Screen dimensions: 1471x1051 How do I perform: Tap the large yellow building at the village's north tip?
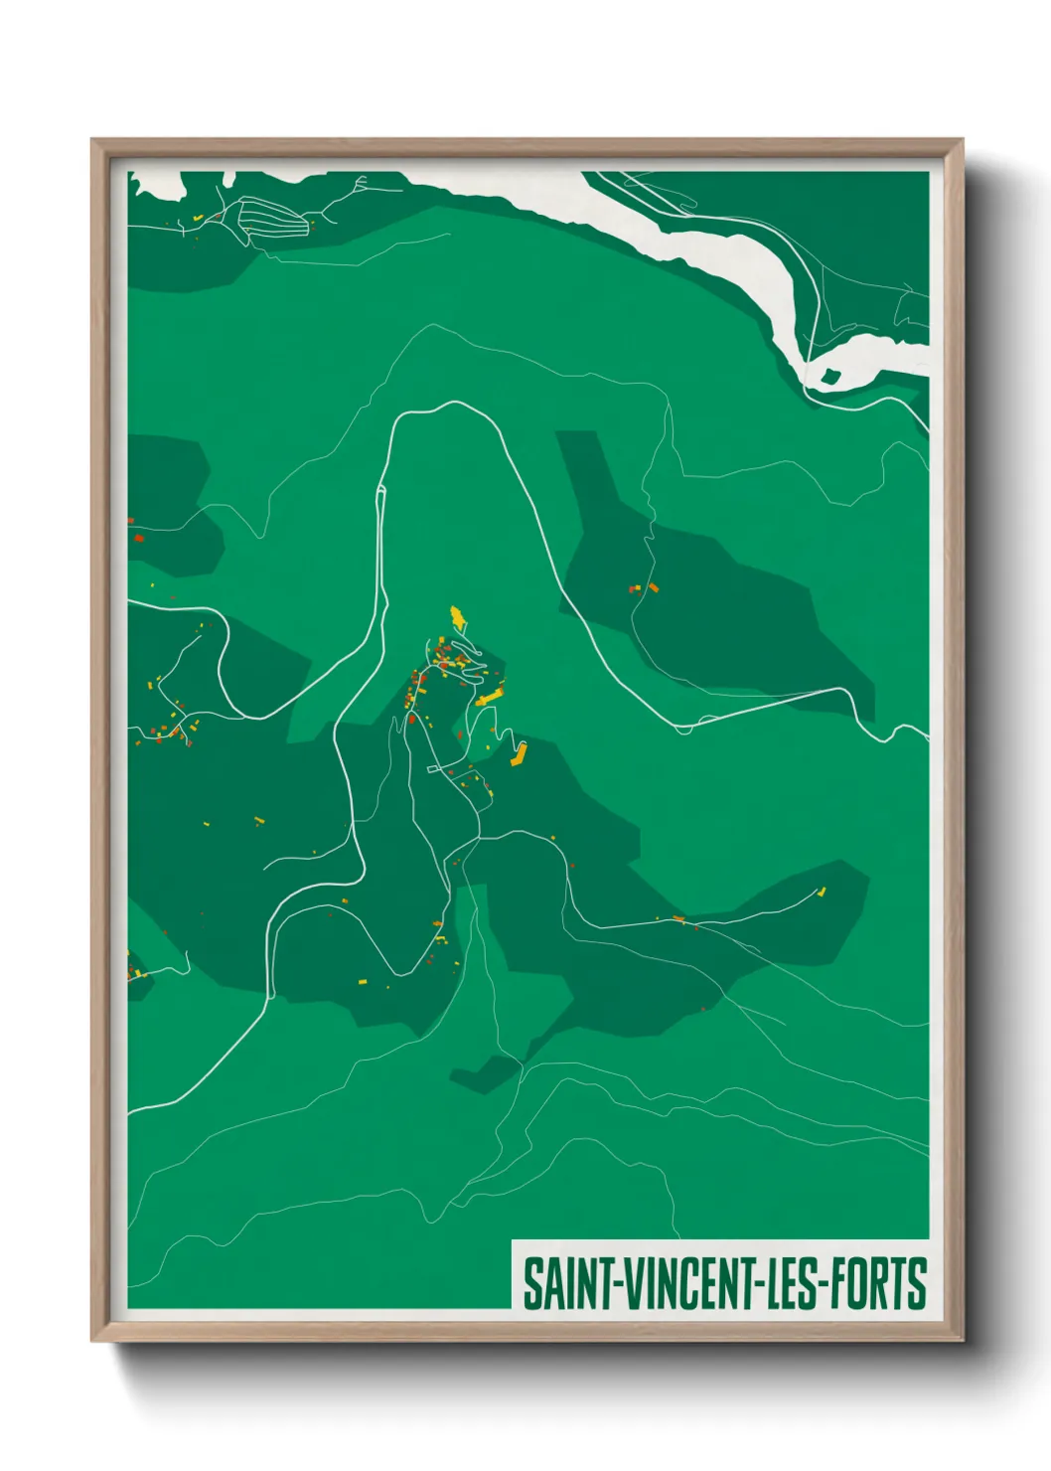457,617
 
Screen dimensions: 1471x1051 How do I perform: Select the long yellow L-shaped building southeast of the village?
518,754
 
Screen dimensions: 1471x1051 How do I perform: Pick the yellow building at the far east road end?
822,891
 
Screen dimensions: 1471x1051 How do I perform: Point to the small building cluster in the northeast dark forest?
643,587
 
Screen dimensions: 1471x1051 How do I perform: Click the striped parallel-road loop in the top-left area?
270,221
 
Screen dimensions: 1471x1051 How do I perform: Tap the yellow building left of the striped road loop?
198,217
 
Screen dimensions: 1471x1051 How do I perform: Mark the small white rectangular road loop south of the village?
438,768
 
